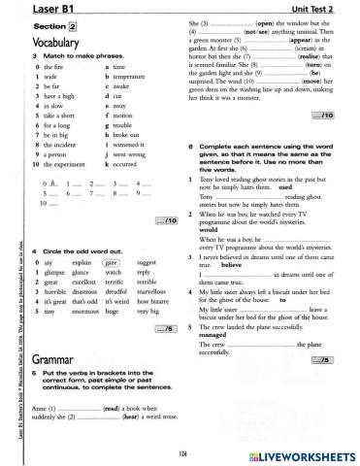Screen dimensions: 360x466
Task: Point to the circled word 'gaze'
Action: pyautogui.click(x=111, y=262)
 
